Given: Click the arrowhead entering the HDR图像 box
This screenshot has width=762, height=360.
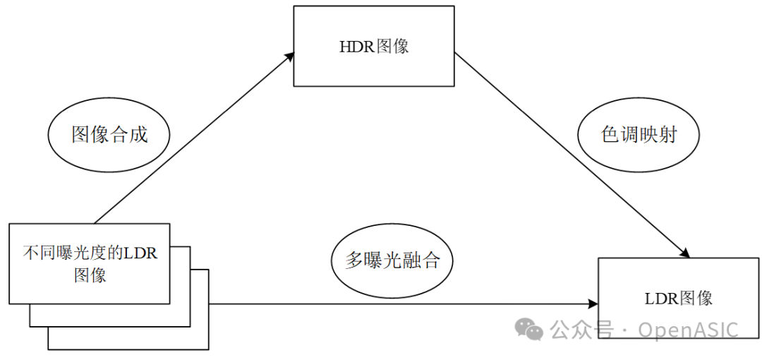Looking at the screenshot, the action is click(x=289, y=56).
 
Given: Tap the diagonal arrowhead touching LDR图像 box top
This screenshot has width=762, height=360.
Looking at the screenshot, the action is click(x=685, y=253).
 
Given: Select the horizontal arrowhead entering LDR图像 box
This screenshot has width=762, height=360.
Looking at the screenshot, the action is click(x=593, y=304).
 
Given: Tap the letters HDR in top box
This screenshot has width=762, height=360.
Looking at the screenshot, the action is click(x=358, y=47).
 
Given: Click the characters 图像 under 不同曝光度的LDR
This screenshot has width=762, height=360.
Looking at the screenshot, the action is click(x=90, y=275).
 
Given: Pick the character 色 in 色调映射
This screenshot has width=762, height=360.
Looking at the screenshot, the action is click(x=610, y=136).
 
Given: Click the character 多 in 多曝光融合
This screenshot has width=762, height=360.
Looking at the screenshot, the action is click(x=353, y=261).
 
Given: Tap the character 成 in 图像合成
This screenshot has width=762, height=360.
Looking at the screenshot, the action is click(x=138, y=135).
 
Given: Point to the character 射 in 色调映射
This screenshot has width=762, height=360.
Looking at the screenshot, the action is click(x=667, y=136).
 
